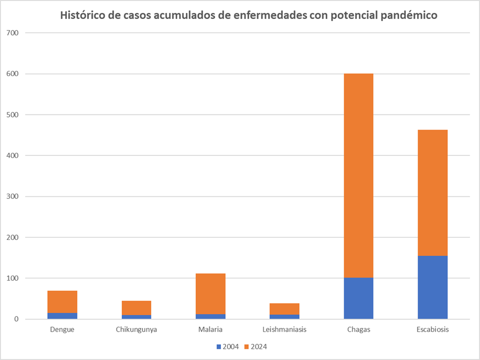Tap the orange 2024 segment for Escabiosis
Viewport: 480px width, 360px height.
[x=432, y=192]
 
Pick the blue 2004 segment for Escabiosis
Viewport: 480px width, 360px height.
[x=432, y=287]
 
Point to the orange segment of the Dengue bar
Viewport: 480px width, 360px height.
[x=62, y=302]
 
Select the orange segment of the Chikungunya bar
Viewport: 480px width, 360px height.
[x=136, y=308]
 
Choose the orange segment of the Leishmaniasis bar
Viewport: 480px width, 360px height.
[x=284, y=309]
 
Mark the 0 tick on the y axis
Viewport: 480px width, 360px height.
[x=16, y=319]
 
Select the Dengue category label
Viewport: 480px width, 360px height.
[x=62, y=330]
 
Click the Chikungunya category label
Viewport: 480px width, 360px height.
[x=136, y=330]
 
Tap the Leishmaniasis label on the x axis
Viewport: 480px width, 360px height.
[x=284, y=330]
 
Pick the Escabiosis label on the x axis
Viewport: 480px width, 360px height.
[x=432, y=330]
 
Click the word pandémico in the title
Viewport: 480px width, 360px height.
[x=407, y=15]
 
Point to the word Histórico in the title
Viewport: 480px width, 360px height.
[x=83, y=15]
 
